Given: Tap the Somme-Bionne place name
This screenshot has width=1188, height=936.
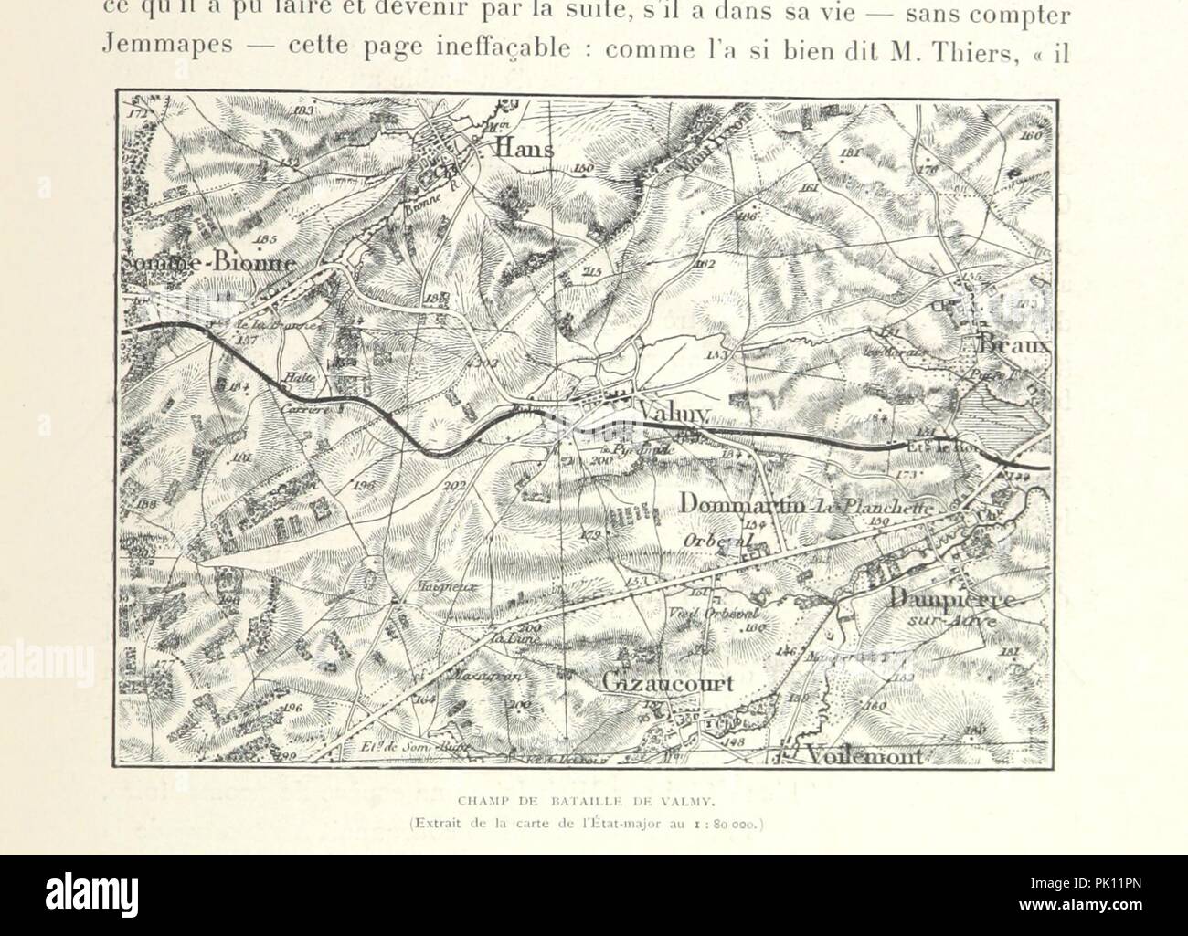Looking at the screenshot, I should [x=208, y=263].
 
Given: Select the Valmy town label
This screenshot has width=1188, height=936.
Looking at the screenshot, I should [x=673, y=416].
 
